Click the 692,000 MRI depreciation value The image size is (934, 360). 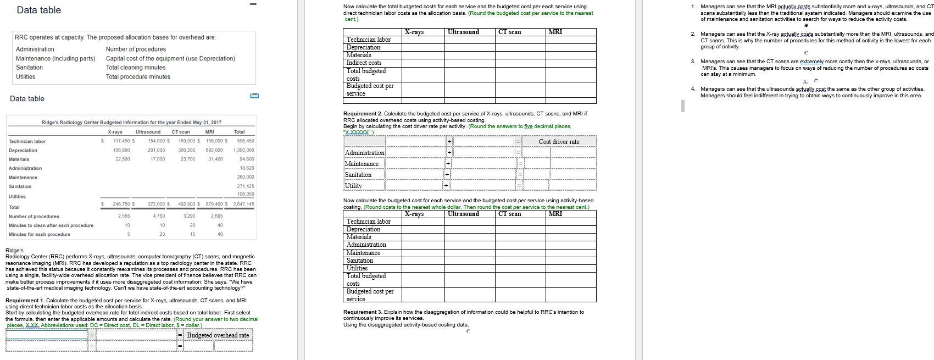coord(214,150)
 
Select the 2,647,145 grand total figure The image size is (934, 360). coord(243,204)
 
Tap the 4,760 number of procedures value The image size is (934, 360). coord(158,216)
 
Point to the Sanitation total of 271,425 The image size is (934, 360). coord(245,186)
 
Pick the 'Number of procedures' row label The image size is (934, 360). coord(34,216)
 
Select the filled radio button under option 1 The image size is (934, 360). coord(806,25)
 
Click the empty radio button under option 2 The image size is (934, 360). coord(806,53)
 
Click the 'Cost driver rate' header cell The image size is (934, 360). coord(559,142)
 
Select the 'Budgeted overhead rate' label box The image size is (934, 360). coord(218,335)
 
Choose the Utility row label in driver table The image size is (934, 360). coord(353,186)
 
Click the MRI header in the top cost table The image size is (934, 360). coord(555,32)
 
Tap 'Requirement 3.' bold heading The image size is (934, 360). coord(359,312)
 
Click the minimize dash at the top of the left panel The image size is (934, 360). coord(253,5)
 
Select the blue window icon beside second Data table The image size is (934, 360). coord(254,96)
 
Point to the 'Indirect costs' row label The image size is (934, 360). coord(364,63)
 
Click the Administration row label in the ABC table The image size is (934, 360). coord(366,245)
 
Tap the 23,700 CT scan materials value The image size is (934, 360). coord(187,159)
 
